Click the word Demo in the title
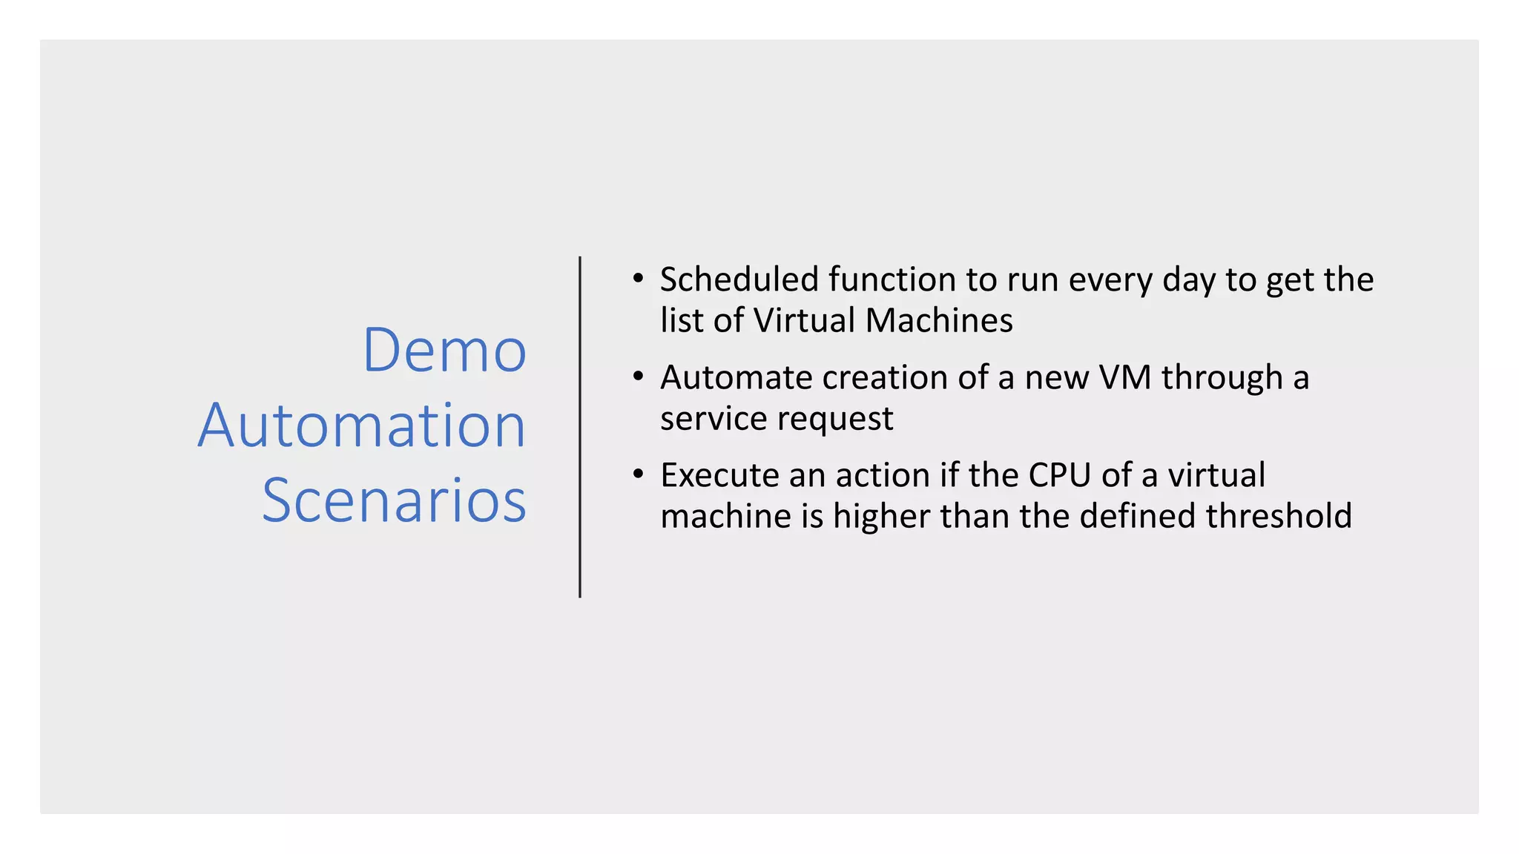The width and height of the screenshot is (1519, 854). click(x=444, y=350)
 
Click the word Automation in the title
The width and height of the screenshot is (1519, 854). click(x=362, y=426)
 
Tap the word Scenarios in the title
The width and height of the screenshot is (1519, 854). click(x=394, y=501)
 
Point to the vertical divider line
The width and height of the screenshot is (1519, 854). click(x=580, y=427)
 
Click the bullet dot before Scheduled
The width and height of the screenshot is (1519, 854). click(x=638, y=279)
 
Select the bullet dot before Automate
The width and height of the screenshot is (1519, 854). click(x=638, y=377)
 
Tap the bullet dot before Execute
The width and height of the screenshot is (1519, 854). click(x=638, y=474)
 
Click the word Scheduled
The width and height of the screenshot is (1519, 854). click(x=739, y=280)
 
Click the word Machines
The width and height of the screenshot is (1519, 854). click(x=938, y=321)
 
